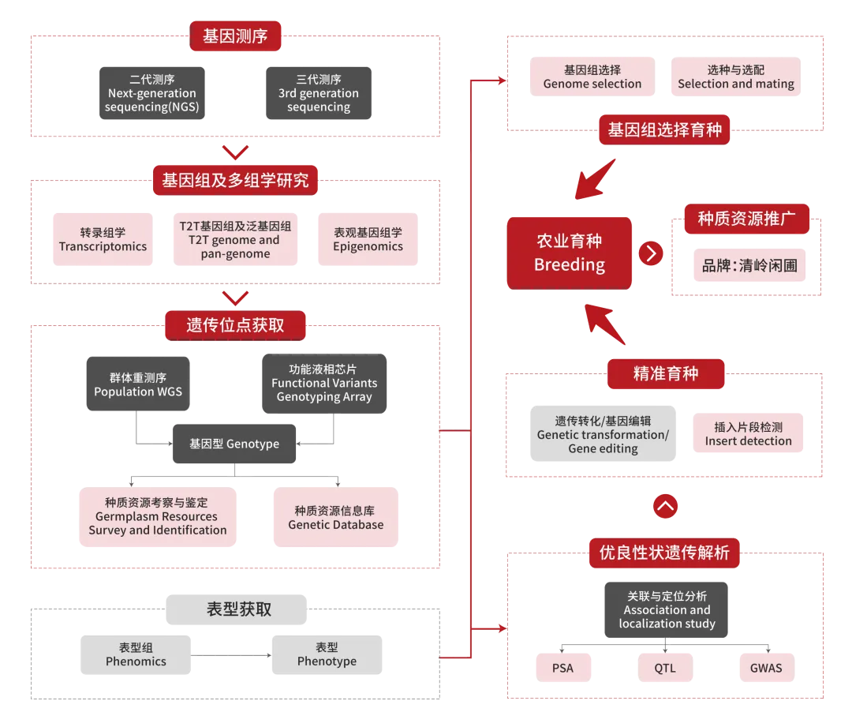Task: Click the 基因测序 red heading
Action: coord(235,36)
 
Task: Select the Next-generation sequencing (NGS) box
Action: coord(152,93)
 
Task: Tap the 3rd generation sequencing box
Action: coord(318,93)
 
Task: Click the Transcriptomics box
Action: coord(103,239)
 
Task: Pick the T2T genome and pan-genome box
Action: coord(235,239)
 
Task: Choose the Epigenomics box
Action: coord(368,239)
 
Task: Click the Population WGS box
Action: coord(138,385)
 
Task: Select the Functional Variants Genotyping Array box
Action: coord(324,384)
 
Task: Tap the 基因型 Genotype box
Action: coord(234,444)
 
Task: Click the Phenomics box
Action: coord(136,654)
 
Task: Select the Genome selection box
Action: coord(592,77)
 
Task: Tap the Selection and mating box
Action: coord(736,77)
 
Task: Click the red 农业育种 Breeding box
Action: coord(570,253)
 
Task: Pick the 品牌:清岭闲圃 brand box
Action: coord(749,265)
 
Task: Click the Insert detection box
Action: coord(748,433)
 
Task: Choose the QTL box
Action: coord(664,668)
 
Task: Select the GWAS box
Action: coord(766,668)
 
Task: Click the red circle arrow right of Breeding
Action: coord(652,253)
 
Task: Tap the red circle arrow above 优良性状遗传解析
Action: coord(666,507)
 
